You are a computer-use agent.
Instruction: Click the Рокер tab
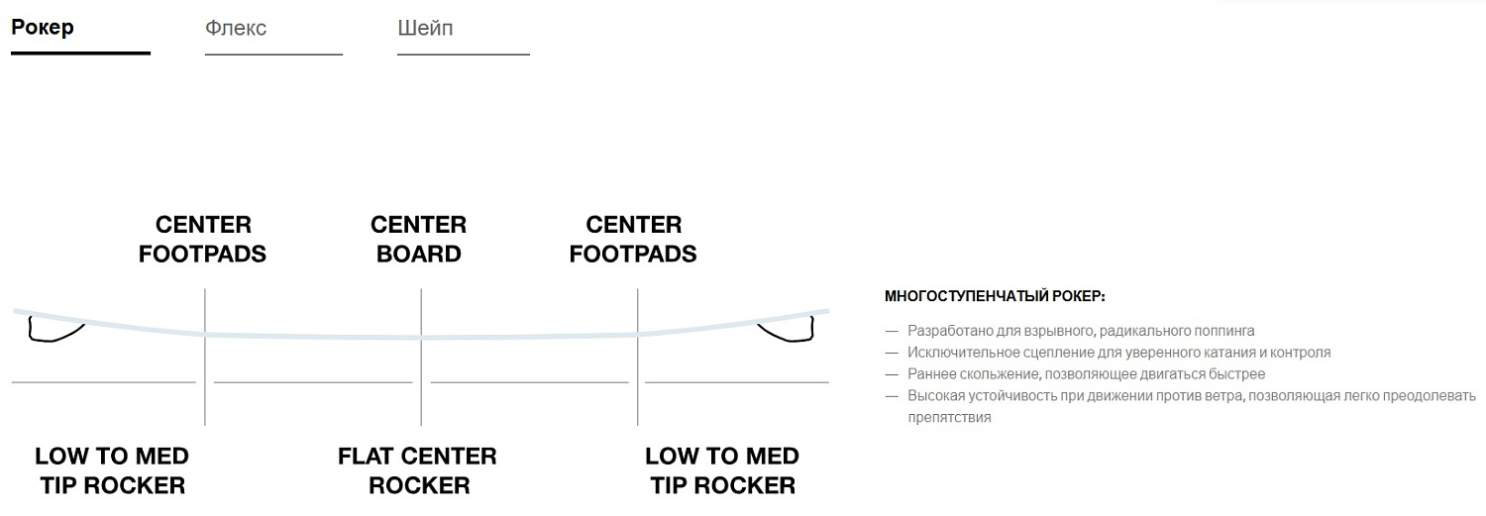click(x=43, y=28)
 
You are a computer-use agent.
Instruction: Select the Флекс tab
click(x=236, y=28)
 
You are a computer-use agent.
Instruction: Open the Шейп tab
click(x=425, y=28)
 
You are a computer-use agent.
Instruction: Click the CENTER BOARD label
click(x=419, y=239)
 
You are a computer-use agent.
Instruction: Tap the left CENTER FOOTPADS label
click(x=202, y=239)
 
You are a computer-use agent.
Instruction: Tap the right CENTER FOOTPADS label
click(x=633, y=239)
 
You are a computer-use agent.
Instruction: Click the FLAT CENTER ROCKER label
click(x=418, y=470)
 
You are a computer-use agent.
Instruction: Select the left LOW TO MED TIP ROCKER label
click(x=112, y=470)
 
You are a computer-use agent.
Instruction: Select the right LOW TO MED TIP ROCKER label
click(x=722, y=470)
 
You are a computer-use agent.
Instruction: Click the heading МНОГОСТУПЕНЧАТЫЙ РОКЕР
click(x=995, y=296)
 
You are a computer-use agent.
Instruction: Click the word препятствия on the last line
click(x=949, y=418)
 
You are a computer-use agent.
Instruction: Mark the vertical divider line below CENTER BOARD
click(x=421, y=357)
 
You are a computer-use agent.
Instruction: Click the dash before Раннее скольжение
click(x=892, y=374)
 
